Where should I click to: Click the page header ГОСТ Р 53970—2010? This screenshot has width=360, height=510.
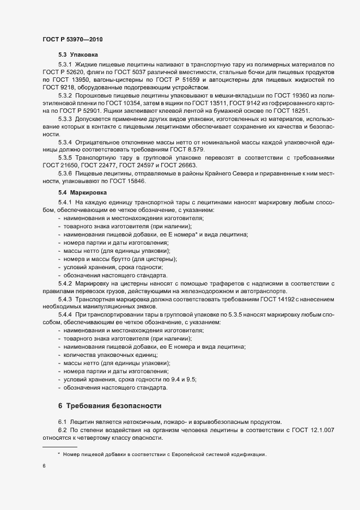(72, 40)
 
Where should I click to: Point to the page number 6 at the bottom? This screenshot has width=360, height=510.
(44, 466)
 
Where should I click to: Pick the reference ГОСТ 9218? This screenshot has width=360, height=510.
(58, 87)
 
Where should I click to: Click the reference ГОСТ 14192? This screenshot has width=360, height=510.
(263, 299)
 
